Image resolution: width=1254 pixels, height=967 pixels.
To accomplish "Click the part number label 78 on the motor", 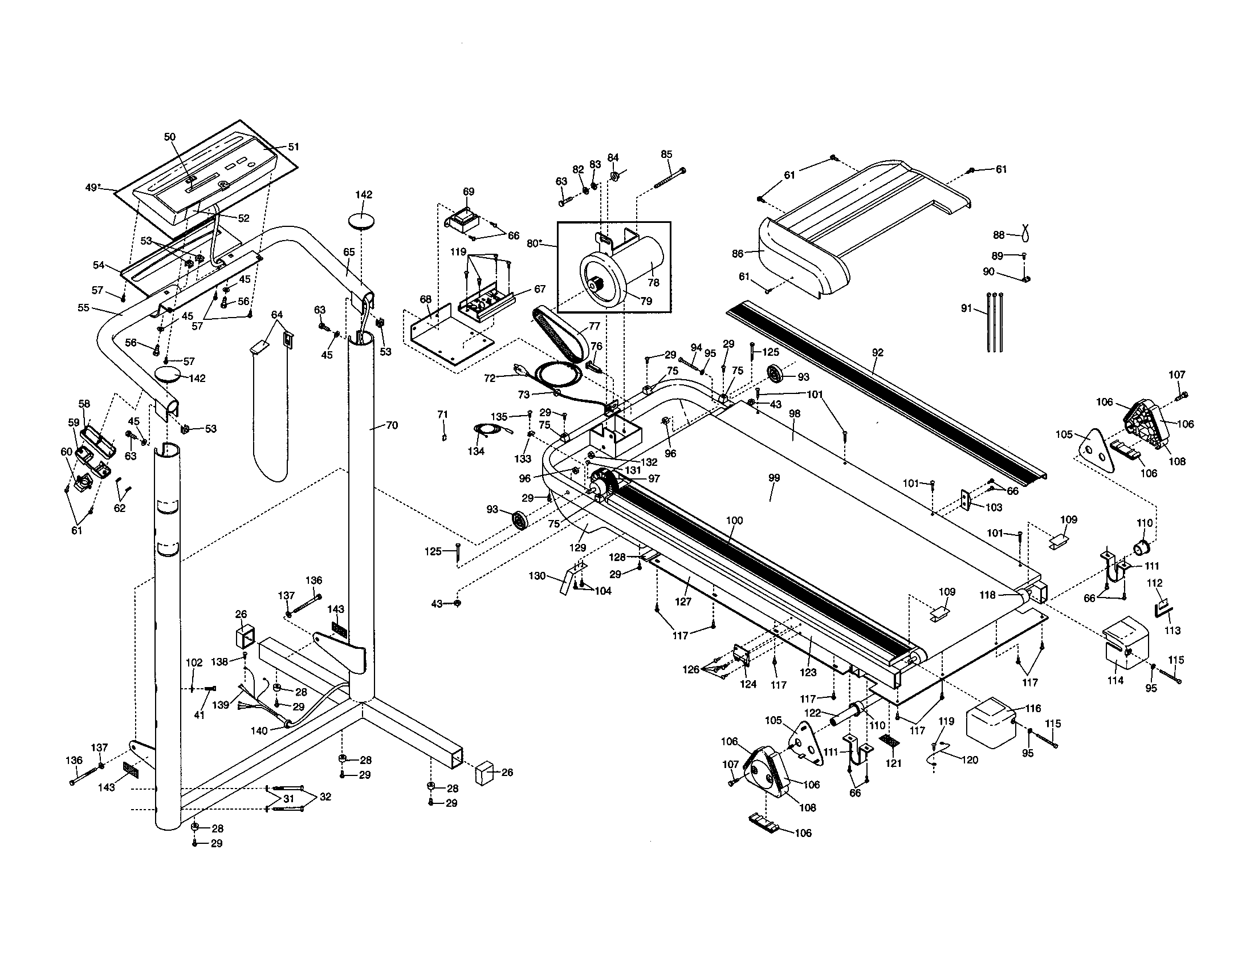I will click(653, 283).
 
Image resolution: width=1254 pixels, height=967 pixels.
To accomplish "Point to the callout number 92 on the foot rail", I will click(877, 352).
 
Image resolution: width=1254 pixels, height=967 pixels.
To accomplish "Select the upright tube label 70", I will click(392, 425).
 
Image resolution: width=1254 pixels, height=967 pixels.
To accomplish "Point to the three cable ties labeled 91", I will click(995, 322).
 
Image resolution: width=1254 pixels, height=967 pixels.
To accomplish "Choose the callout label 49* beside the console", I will click(93, 187).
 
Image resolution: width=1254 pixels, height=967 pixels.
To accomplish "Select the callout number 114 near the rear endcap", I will click(1115, 680).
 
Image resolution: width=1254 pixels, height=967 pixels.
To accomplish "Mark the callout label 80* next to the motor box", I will click(535, 243).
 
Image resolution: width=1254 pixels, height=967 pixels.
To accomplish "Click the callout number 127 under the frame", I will click(683, 602).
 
